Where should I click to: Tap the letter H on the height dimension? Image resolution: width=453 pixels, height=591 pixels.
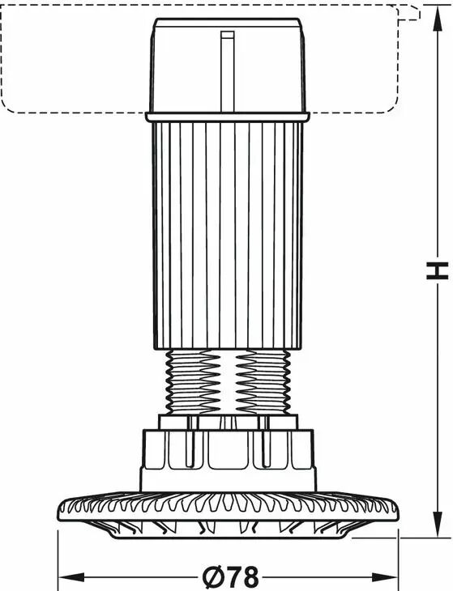[437, 270]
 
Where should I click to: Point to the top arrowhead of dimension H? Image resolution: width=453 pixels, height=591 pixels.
[437, 19]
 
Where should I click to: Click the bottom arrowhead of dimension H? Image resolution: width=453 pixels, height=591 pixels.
[437, 525]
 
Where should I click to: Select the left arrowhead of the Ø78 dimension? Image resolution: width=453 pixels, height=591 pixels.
[71, 576]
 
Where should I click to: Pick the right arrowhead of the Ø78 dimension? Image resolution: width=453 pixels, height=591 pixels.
[385, 576]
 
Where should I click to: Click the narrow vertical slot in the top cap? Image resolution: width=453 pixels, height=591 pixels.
[228, 71]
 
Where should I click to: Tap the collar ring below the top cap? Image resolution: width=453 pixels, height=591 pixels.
[228, 117]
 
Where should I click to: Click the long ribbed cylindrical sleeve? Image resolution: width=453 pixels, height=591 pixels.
[228, 236]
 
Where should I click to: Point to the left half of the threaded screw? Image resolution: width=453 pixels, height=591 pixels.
[193, 382]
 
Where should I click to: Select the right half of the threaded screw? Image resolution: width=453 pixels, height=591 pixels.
[263, 382]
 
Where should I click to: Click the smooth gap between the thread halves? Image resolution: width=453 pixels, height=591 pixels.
[229, 382]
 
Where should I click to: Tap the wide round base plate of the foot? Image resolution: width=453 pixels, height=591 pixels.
[228, 509]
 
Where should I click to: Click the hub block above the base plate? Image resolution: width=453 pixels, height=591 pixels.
[228, 460]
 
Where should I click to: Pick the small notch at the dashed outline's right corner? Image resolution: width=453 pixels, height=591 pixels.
[410, 12]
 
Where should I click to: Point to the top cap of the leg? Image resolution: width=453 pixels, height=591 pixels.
[228, 66]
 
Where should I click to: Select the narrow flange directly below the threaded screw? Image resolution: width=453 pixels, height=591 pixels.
[228, 422]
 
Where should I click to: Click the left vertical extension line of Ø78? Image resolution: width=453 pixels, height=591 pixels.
[58, 560]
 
